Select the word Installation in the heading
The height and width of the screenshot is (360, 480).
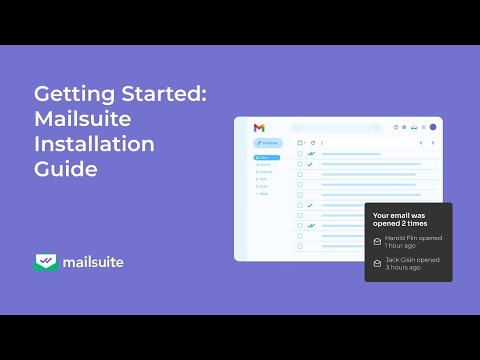coord(94,144)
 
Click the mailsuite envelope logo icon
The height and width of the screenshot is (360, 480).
coord(45,263)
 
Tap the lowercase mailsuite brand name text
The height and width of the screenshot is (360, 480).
coord(93,263)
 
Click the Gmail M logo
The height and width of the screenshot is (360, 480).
coord(259,128)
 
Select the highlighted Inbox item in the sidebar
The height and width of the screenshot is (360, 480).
coord(266,157)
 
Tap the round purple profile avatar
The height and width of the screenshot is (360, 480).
coord(433,128)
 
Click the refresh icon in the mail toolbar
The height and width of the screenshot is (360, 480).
coord(313,143)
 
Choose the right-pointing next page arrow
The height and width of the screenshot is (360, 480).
coord(432,143)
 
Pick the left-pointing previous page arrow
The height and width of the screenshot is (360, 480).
coord(420,143)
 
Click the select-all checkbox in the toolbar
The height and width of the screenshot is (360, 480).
coord(300,143)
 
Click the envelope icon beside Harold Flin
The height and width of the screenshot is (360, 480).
coord(376,241)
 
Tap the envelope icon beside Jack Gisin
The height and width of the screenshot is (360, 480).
coord(376,263)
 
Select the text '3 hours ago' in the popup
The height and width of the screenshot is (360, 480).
coord(402,268)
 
